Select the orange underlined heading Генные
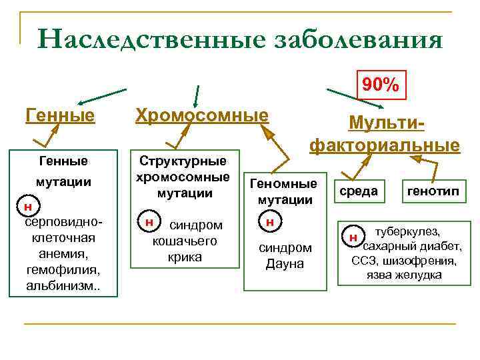(x=60, y=116)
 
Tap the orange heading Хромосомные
(x=201, y=116)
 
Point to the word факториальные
(x=384, y=145)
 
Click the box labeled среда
(x=359, y=191)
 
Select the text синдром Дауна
(x=285, y=255)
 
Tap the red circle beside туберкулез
(x=353, y=237)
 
